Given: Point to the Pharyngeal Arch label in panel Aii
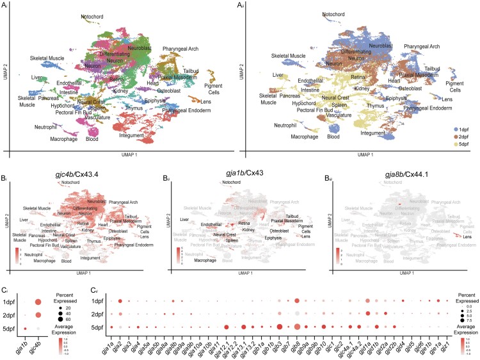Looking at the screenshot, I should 417,47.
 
